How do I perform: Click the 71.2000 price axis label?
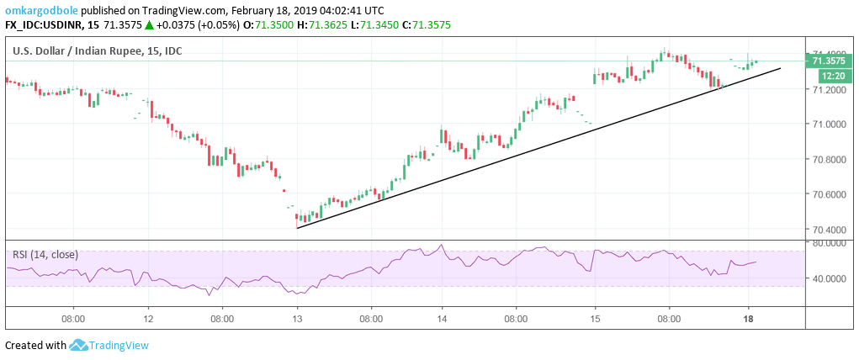coord(828,90)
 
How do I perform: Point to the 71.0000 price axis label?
coord(828,124)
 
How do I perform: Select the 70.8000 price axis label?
coord(828,160)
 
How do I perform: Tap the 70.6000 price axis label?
coord(828,194)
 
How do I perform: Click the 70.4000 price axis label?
coord(828,230)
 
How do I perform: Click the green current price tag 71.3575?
coord(828,61)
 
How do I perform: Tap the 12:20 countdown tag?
coord(825,75)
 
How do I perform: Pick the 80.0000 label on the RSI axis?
coord(828,243)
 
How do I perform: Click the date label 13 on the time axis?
coord(297,320)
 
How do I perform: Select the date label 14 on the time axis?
coord(442,320)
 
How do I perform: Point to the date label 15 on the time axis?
coord(594,320)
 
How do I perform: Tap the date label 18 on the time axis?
coord(747,320)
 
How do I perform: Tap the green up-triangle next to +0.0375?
coord(149,25)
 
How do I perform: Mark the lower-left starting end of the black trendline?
coord(297,228)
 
